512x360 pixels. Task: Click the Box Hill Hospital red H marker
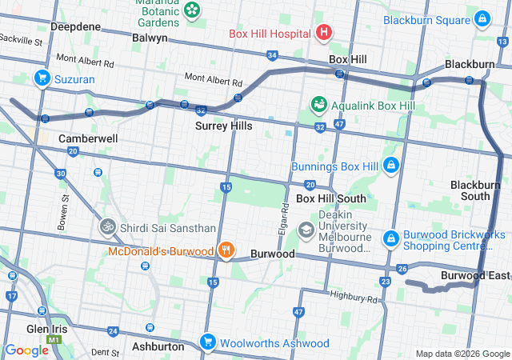coord(324,33)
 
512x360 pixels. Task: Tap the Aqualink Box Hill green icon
coord(318,105)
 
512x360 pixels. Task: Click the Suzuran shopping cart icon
coord(42,78)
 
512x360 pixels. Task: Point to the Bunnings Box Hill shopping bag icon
coord(390,166)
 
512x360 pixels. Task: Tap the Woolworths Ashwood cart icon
coord(208,342)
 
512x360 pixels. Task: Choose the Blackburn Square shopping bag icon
coord(482,18)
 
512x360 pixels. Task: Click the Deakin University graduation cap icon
coord(305,230)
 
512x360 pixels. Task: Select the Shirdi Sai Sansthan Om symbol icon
coord(106,227)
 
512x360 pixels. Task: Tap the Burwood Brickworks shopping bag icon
coord(391,238)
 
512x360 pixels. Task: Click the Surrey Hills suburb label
coord(224,126)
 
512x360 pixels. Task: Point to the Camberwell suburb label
coord(88,138)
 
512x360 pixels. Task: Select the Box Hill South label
coord(331,198)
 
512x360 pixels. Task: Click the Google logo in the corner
coord(26,350)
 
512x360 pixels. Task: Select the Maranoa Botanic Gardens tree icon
coord(192,10)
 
